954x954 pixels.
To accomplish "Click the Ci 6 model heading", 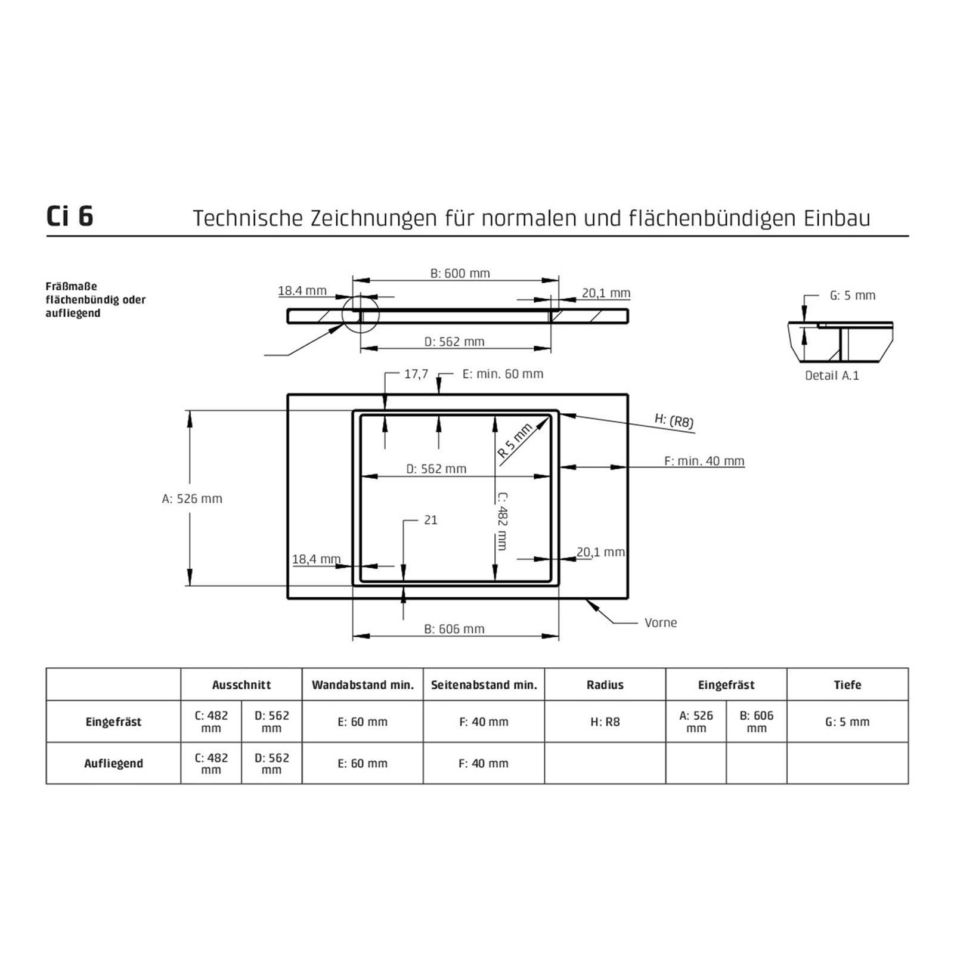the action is point(70,216).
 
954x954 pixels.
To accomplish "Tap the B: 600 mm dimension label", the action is point(460,273).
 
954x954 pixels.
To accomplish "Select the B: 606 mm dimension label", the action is point(454,628).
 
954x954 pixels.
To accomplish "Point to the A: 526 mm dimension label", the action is point(192,498).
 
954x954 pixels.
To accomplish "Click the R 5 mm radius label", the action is point(515,441).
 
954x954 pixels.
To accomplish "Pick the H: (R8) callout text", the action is point(674,420).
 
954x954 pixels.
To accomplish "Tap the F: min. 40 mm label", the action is point(704,461).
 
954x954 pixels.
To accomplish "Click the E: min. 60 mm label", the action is point(503,374).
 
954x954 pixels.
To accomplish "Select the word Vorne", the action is point(661,622).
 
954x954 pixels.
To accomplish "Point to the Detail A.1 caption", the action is point(832,376).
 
